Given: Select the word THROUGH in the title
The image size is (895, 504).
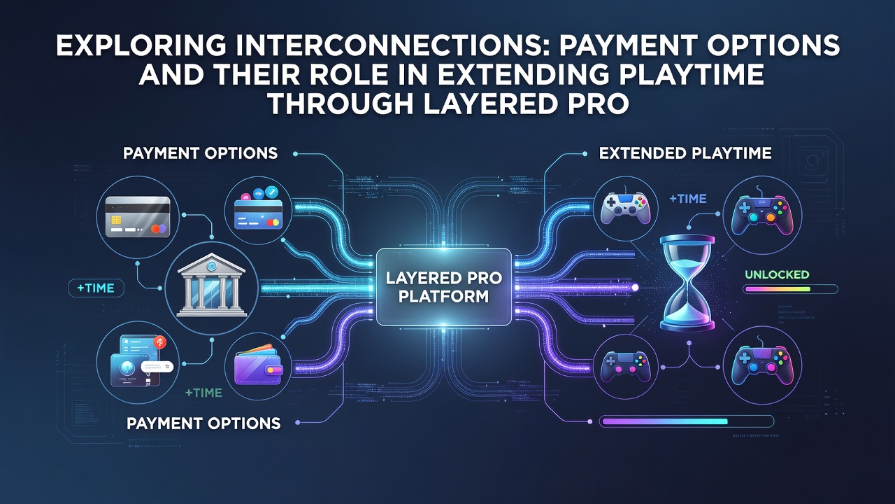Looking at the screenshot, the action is [341, 103].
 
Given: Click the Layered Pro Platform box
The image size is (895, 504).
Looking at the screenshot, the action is [444, 287].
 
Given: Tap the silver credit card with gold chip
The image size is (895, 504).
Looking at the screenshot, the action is [138, 218].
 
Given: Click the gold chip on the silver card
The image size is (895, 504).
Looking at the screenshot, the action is [116, 220].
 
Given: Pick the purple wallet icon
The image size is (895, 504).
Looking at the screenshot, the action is [258, 365].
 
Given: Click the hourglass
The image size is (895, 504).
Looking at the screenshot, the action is [687, 283].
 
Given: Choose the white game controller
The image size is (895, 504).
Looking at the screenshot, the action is [626, 208].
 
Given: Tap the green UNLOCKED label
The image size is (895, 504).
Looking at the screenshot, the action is [777, 274].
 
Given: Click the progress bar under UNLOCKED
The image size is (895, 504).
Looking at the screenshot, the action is [790, 289].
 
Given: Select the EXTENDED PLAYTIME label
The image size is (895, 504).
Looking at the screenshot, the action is [685, 153].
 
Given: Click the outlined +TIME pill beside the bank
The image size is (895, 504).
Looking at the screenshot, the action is [96, 288].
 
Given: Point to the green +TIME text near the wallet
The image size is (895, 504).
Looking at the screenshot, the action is [203, 393].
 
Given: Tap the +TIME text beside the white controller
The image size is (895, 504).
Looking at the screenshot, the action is [687, 198].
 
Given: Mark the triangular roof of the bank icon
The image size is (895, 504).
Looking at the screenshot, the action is [211, 264].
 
